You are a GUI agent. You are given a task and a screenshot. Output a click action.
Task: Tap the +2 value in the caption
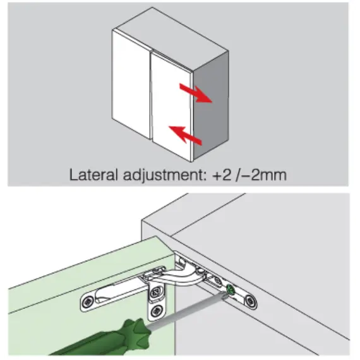tap(222, 175)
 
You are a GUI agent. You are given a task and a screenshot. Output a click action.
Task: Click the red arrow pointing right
tap(195, 93)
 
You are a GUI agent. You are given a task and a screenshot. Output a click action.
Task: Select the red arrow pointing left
tap(185, 135)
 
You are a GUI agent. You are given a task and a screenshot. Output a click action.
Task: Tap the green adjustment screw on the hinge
tap(231, 290)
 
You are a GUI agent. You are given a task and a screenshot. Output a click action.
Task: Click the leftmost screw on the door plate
tap(88, 302)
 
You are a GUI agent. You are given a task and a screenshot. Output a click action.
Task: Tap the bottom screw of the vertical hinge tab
tap(157, 311)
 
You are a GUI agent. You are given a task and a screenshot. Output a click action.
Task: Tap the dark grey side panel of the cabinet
tap(211, 105)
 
